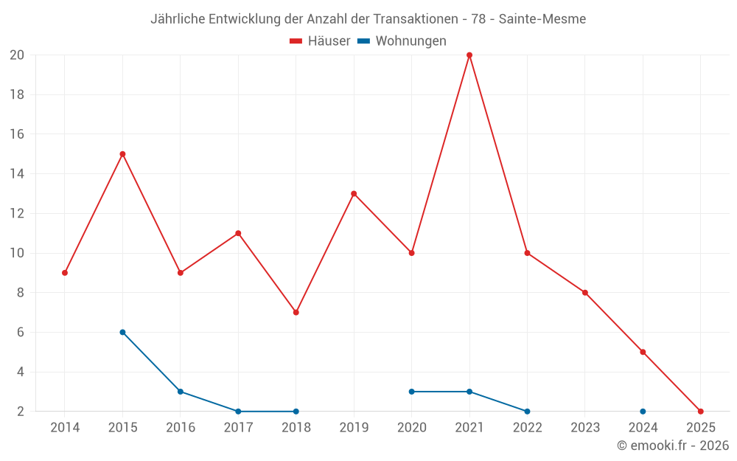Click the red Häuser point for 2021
(x=469, y=55)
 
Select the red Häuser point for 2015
(x=122, y=154)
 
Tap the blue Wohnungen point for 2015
(x=122, y=332)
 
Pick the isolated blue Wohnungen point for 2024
(x=643, y=412)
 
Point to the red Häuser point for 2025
(x=700, y=412)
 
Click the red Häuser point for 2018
(x=296, y=312)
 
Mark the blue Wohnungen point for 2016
(x=181, y=392)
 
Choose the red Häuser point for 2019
(x=354, y=194)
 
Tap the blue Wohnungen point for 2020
(x=411, y=392)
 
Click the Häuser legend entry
(x=320, y=41)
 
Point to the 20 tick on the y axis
(x=17, y=55)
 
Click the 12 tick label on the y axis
(x=17, y=214)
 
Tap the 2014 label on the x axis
(x=65, y=428)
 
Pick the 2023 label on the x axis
(x=585, y=428)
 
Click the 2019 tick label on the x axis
(x=354, y=428)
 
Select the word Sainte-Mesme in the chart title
(x=542, y=19)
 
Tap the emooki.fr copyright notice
(x=673, y=446)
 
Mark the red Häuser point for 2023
(x=585, y=293)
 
